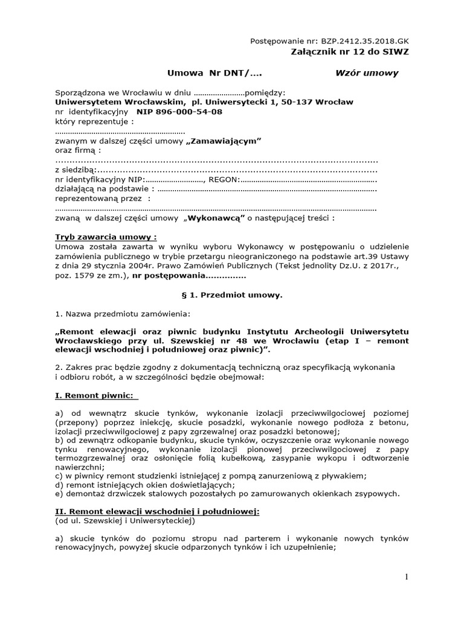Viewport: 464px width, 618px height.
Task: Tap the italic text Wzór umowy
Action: click(x=367, y=73)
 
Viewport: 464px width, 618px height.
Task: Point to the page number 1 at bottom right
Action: click(x=407, y=578)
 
